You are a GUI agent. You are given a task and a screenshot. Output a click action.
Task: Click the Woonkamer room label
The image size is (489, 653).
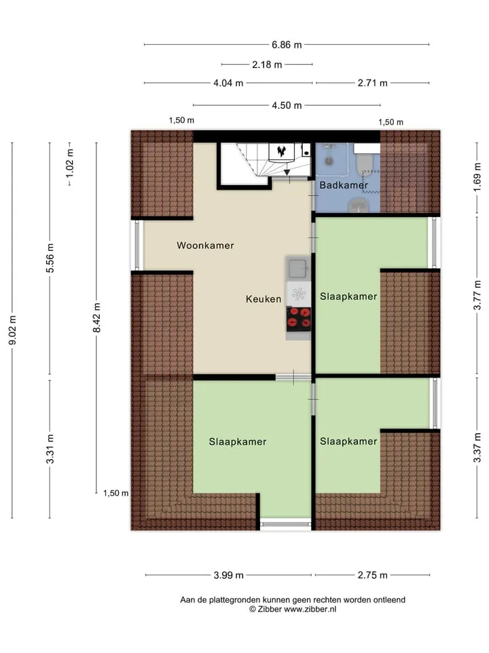click(x=205, y=246)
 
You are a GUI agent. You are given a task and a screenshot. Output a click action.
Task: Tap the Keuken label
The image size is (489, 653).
click(x=264, y=299)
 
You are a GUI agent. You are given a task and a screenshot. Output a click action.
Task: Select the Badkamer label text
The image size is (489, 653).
click(x=344, y=185)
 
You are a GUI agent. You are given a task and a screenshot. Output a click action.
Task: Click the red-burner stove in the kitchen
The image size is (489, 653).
click(x=299, y=319)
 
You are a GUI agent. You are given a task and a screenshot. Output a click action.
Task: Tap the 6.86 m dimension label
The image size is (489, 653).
click(x=287, y=45)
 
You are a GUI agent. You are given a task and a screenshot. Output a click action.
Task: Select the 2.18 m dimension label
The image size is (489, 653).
click(x=267, y=65)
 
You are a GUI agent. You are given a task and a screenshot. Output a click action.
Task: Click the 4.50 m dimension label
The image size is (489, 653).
click(x=287, y=105)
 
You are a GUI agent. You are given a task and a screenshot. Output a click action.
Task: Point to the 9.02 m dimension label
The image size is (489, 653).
click(x=12, y=330)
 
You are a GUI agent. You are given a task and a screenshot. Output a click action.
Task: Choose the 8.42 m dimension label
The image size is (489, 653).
click(x=96, y=318)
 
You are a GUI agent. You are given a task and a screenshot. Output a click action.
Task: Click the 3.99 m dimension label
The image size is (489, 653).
click(x=228, y=575)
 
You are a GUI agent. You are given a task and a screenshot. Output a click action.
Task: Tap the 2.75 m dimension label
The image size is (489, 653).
click(x=373, y=575)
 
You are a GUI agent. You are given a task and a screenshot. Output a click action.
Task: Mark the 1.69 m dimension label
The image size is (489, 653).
click(x=477, y=178)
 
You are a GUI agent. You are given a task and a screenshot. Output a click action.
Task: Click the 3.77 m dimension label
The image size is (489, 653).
click(x=477, y=295)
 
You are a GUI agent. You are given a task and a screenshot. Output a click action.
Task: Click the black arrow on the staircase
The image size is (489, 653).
click(x=287, y=172)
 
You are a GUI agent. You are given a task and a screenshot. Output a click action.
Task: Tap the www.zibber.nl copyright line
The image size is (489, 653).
click(x=293, y=609)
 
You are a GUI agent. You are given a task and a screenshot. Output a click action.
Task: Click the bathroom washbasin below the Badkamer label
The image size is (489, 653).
click(x=358, y=205)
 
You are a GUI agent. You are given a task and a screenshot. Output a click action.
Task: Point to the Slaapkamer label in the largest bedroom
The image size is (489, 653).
click(x=238, y=442)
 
